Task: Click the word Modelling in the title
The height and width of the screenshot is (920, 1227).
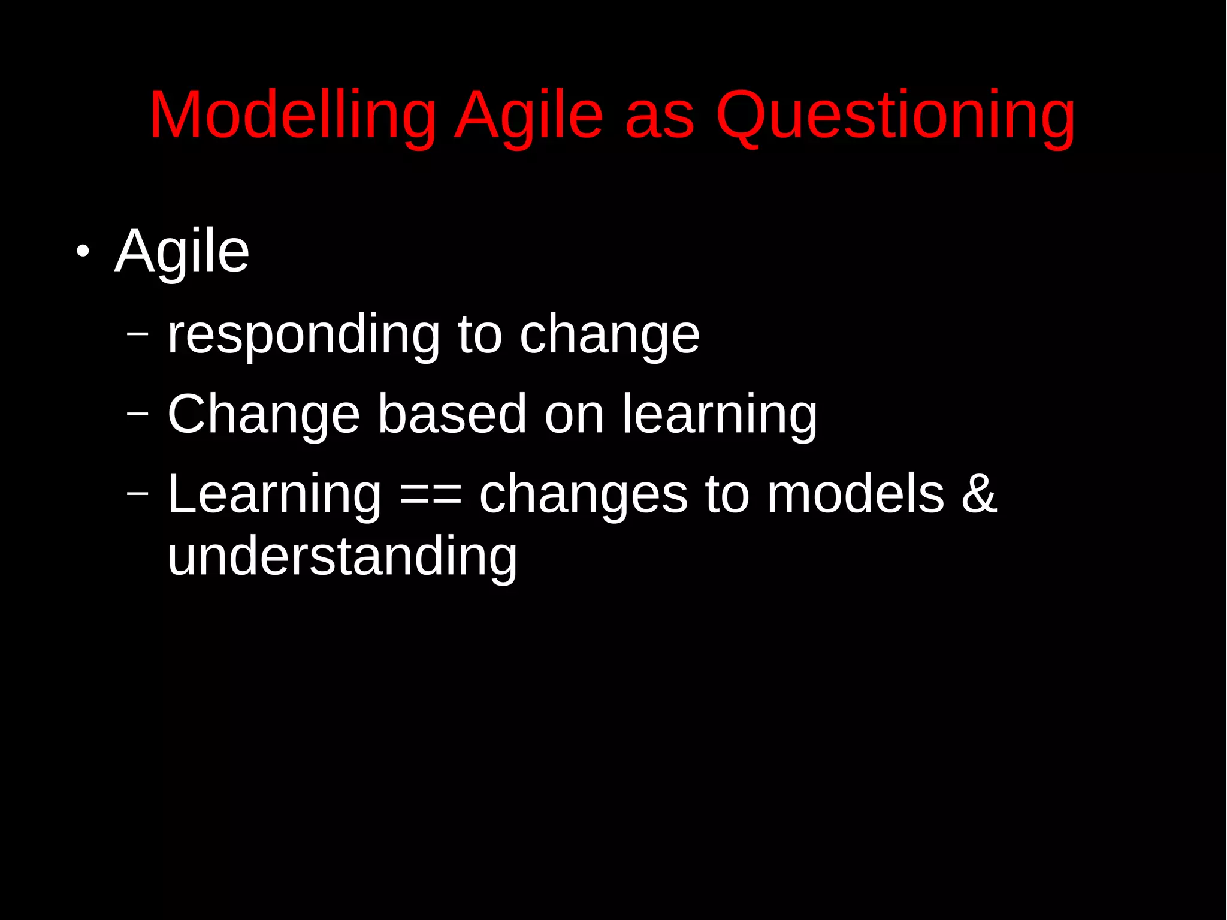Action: point(292,115)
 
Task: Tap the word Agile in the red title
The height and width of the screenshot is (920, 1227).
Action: point(528,115)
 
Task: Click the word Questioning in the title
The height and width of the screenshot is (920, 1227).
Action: point(895,115)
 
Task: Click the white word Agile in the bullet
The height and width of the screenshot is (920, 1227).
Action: point(182,252)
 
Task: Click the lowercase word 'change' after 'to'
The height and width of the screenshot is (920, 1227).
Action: point(609,336)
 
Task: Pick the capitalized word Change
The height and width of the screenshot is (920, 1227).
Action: point(264,415)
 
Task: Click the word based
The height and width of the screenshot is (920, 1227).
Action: point(452,415)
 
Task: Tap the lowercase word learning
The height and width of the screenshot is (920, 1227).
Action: point(719,415)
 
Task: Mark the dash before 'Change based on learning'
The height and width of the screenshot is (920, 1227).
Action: point(137,413)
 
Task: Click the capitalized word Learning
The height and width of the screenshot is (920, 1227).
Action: point(274,495)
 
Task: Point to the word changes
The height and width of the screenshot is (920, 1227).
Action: point(583,495)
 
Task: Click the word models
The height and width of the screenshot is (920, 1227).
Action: point(855,495)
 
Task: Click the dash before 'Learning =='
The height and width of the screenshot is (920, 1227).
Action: point(137,493)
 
